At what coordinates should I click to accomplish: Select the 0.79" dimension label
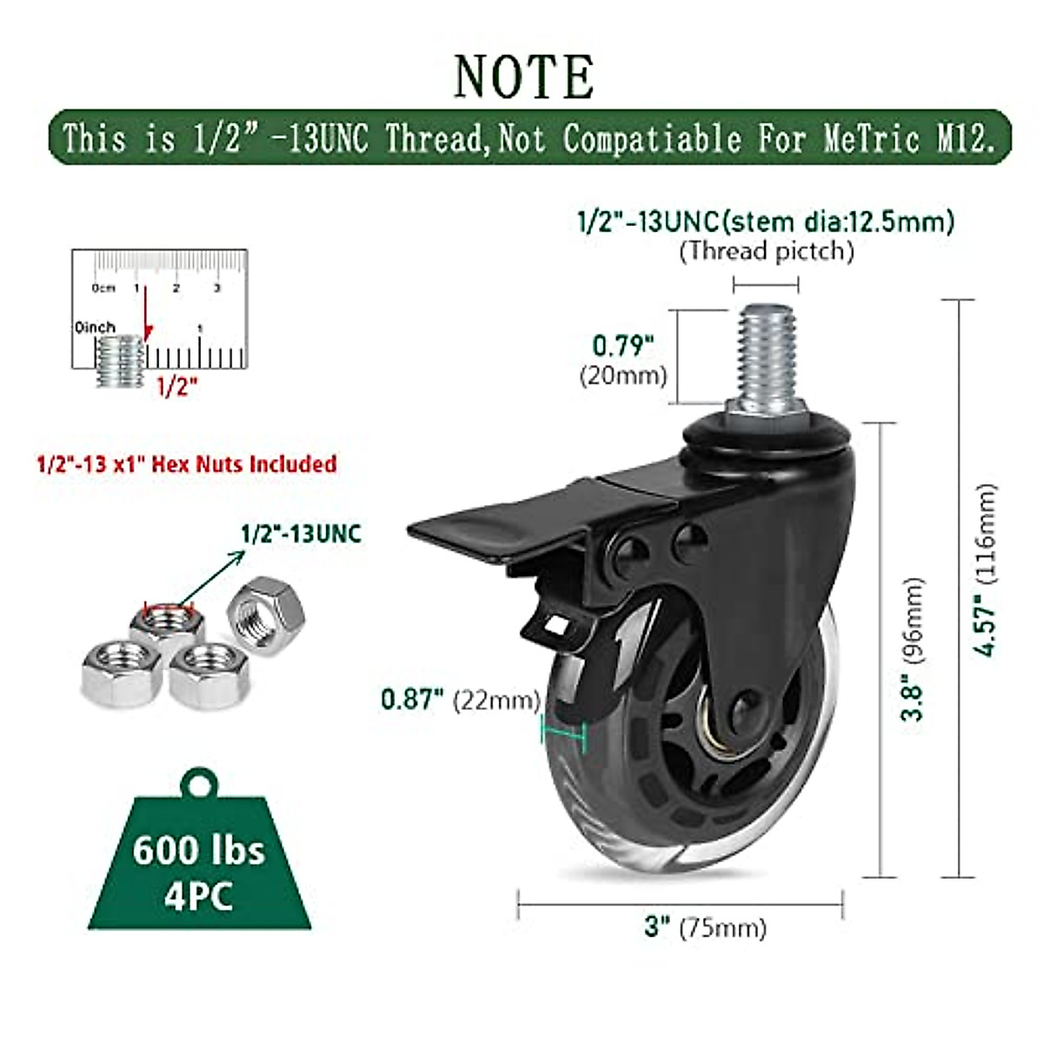point(622,346)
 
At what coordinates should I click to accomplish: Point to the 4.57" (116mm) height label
point(985,569)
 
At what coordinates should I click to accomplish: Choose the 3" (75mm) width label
point(705,927)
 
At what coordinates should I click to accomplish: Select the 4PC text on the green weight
point(198,895)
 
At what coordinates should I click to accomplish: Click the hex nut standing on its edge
point(265,617)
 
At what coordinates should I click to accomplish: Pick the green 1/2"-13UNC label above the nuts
point(301,533)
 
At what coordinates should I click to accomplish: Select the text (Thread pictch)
point(766,251)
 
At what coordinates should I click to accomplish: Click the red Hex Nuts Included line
point(186,463)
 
